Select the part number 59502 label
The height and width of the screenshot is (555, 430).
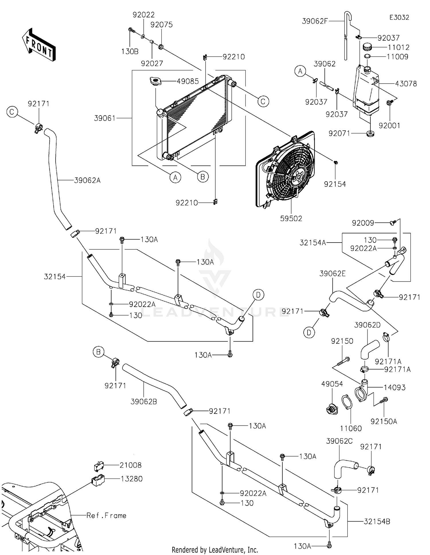tap(291, 219)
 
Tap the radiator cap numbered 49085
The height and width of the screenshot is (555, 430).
tap(156, 81)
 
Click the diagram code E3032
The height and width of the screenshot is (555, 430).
tap(399, 17)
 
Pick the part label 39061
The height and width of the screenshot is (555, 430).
tap(105, 118)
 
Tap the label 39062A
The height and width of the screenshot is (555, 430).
tap(87, 180)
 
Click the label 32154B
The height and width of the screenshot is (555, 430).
tap(377, 521)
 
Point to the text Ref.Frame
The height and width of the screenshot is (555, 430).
tap(106, 515)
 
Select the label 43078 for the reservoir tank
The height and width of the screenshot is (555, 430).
tap(406, 84)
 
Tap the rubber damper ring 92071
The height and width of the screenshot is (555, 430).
tap(370, 133)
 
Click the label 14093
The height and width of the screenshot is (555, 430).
tap(395, 388)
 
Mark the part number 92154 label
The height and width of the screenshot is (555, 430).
tap(335, 184)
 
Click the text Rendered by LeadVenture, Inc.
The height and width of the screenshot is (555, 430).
tap(215, 550)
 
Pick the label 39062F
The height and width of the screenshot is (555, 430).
tap(315, 21)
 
